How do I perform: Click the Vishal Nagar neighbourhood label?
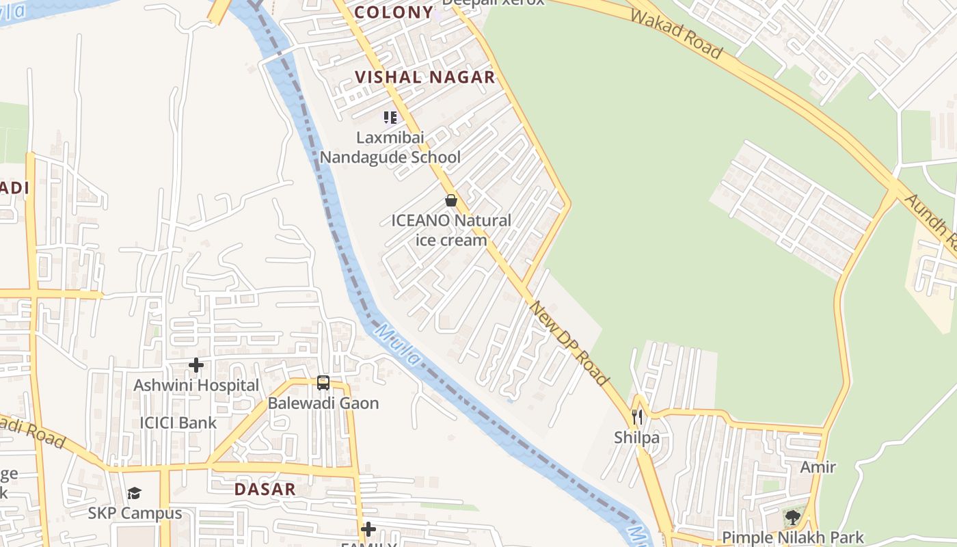click(x=424, y=77)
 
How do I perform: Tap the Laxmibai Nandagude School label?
click(x=390, y=147)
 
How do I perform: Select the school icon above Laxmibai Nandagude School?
click(x=390, y=118)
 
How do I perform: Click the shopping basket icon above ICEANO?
click(x=451, y=200)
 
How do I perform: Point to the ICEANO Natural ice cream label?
click(x=451, y=230)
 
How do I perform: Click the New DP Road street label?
click(x=569, y=343)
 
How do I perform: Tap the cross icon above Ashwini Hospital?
click(x=196, y=365)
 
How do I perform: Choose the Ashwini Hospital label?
click(x=196, y=386)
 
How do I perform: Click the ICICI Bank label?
click(x=178, y=423)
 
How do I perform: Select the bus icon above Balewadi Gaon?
click(x=323, y=383)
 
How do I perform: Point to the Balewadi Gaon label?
click(x=323, y=403)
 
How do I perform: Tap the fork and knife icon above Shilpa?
click(x=637, y=416)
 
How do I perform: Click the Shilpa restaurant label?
click(x=637, y=438)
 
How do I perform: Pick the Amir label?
click(x=818, y=468)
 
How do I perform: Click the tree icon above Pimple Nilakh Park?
click(x=793, y=517)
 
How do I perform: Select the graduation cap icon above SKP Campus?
click(x=135, y=493)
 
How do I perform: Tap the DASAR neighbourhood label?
click(x=265, y=490)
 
